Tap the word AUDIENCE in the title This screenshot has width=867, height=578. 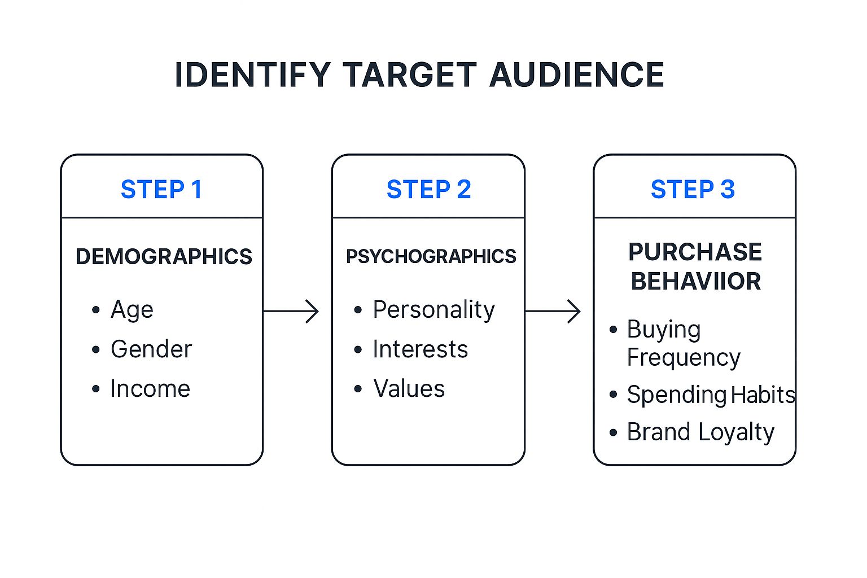tap(576, 75)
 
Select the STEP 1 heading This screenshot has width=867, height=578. tap(161, 190)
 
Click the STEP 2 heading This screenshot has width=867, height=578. tap(428, 190)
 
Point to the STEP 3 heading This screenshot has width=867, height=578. tap(693, 190)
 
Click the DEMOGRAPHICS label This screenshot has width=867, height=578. tap(164, 257)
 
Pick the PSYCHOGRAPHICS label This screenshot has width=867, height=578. tap(431, 257)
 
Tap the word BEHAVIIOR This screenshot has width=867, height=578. tap(695, 281)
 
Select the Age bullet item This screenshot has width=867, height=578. tap(132, 310)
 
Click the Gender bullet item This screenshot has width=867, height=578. tap(151, 349)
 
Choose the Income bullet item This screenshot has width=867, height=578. tap(150, 389)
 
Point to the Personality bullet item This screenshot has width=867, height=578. tap(433, 310)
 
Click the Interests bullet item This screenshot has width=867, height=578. tap(420, 349)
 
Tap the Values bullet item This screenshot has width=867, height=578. tap(409, 389)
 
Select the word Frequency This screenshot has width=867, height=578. tap(683, 358)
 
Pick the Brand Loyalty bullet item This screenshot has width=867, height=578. tap(700, 432)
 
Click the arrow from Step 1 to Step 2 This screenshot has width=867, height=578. tap(291, 311)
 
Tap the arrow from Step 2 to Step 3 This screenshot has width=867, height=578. tap(553, 311)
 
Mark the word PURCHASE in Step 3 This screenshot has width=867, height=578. tap(695, 252)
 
